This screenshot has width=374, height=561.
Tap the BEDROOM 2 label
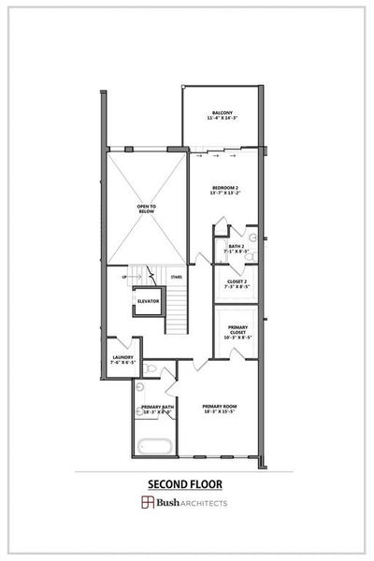[225, 188]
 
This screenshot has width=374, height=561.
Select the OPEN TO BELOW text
[145, 209]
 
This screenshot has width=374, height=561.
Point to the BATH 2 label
[237, 247]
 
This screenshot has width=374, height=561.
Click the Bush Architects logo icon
[147, 503]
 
